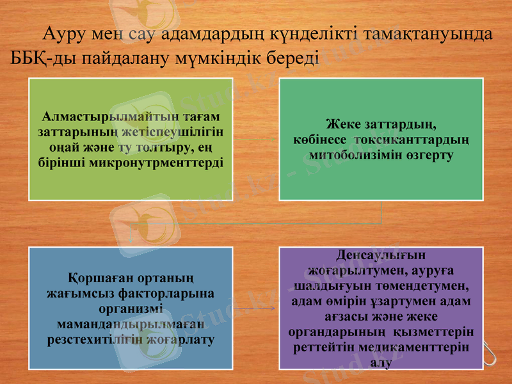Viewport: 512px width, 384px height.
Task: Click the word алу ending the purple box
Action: [380, 362]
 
